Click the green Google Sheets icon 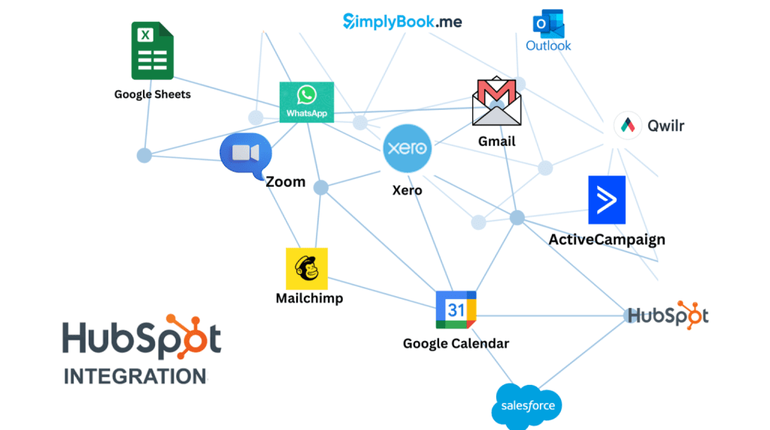(152, 50)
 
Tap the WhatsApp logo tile (307, 102)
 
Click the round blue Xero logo (407, 149)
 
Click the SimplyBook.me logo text (403, 21)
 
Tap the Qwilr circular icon (628, 126)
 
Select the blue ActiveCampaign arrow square (607, 200)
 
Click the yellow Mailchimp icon (307, 268)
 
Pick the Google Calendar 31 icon (456, 310)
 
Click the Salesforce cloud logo (527, 406)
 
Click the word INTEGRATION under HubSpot (135, 376)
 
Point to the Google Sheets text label (153, 94)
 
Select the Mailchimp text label (309, 298)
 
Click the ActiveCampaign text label (607, 239)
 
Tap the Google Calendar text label (456, 343)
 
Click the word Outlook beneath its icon (548, 46)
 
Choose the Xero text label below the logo (407, 190)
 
